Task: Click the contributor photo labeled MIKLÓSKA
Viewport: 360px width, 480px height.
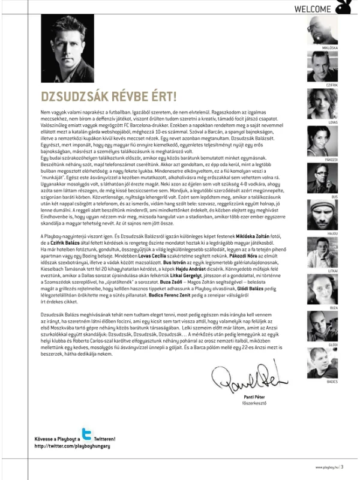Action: [x=326, y=28]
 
